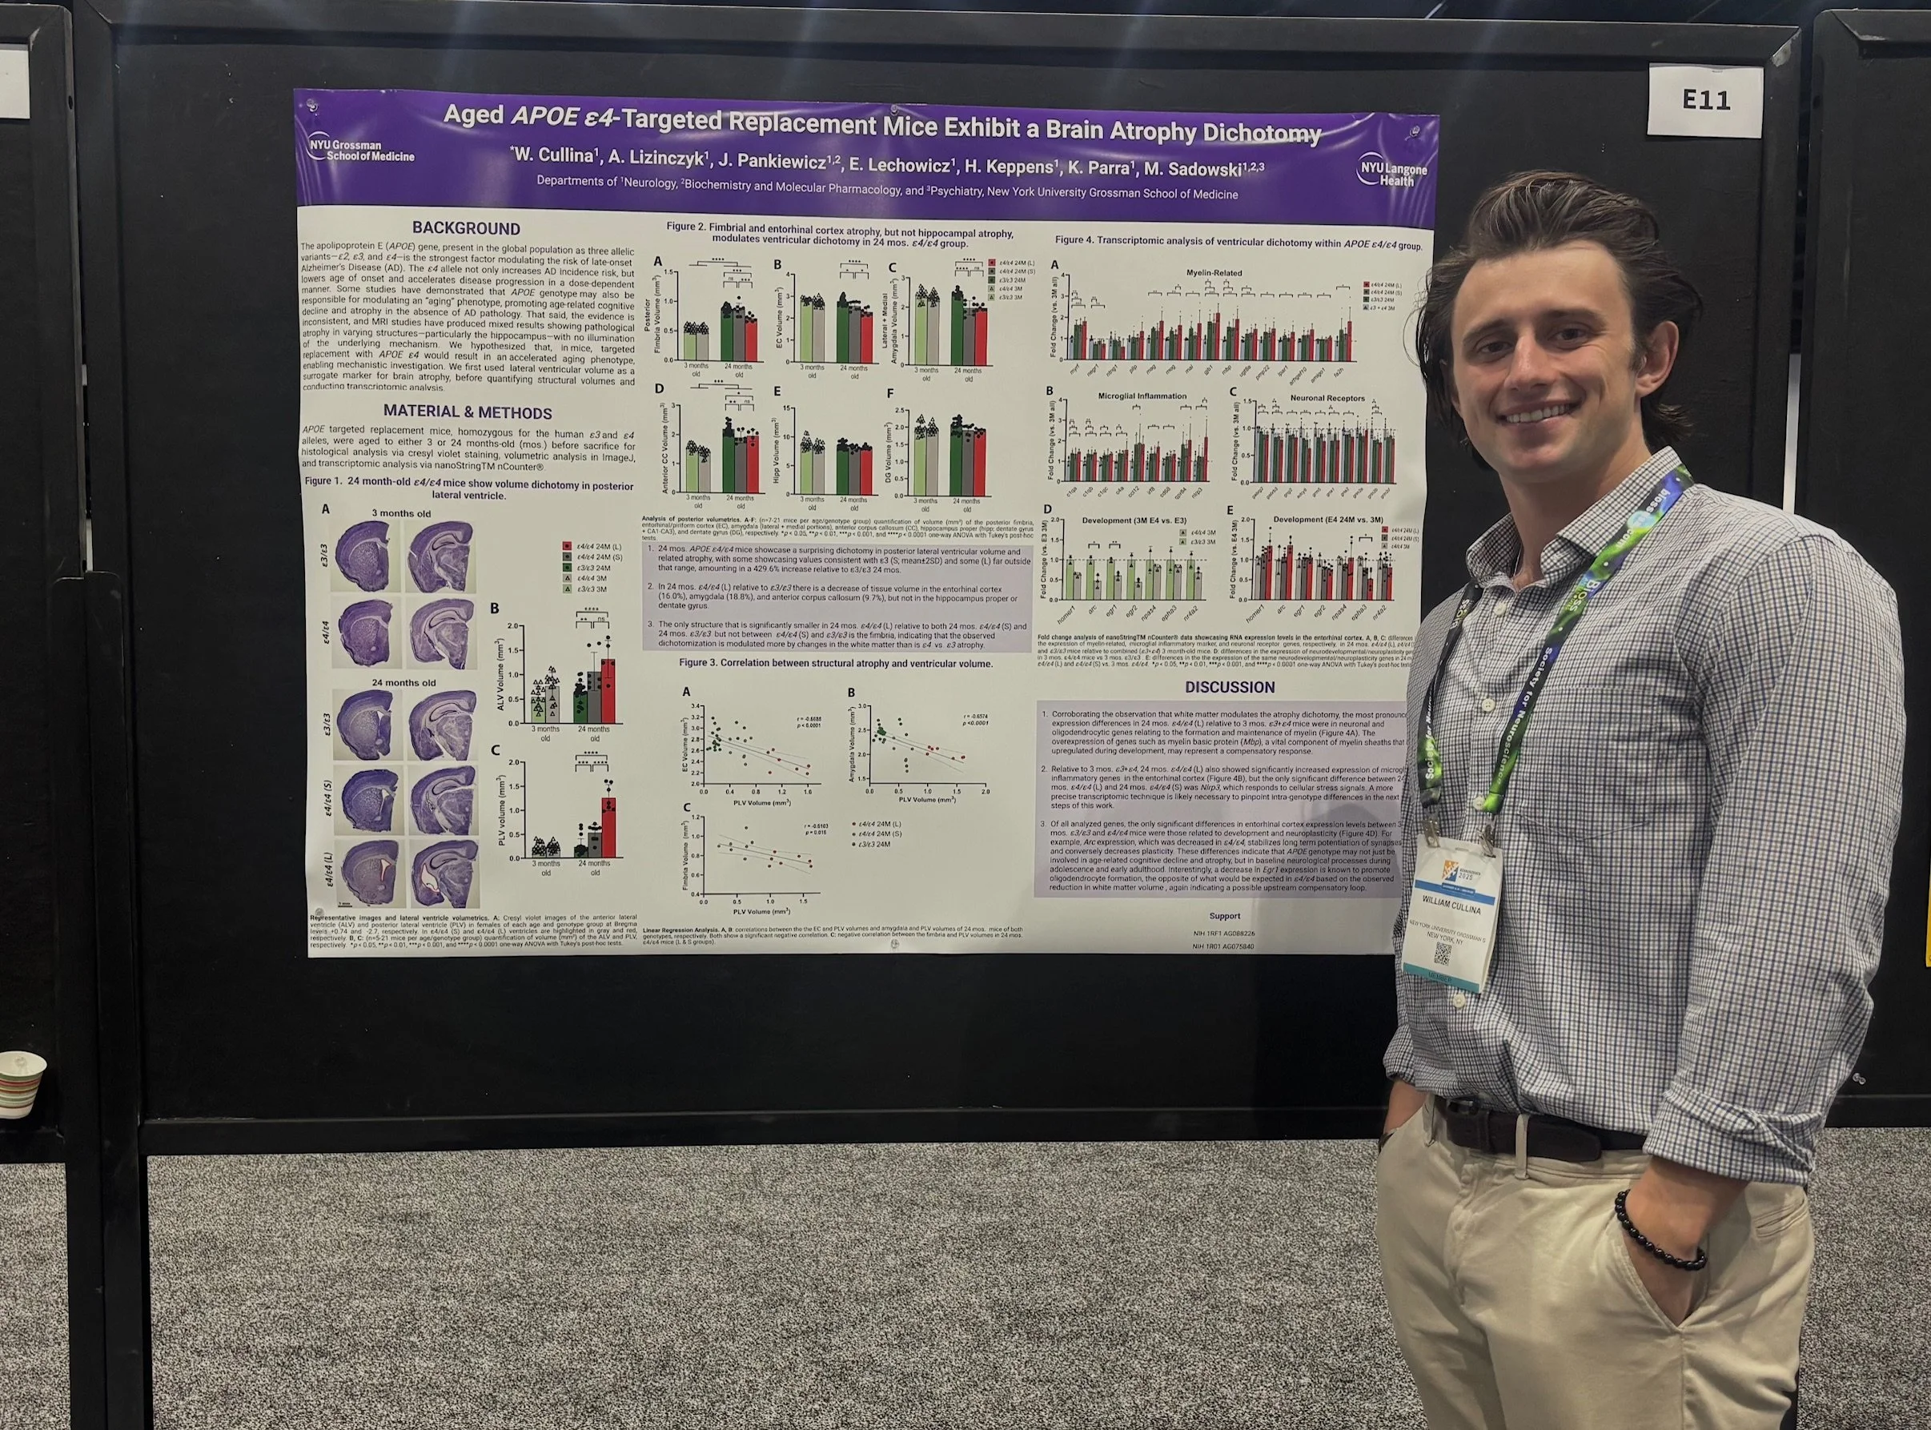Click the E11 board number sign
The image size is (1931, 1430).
click(1706, 100)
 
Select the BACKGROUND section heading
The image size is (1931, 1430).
click(466, 228)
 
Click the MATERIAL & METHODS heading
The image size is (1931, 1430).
click(468, 413)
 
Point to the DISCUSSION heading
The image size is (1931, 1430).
click(1229, 687)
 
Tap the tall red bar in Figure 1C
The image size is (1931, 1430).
click(608, 825)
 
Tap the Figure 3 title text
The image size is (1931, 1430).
click(835, 663)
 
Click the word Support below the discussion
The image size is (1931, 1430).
click(1224, 916)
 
